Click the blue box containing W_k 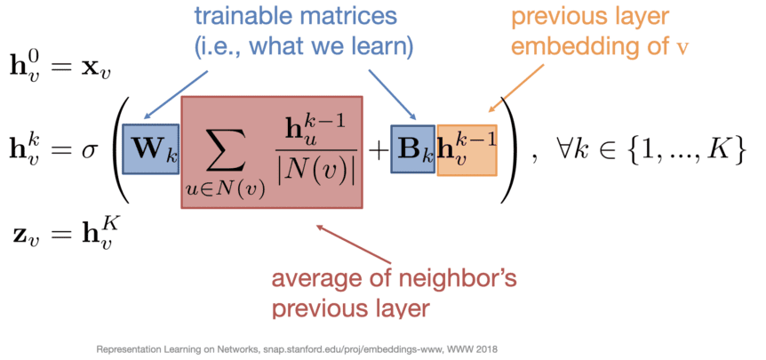[x=150, y=149]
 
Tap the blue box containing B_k [x=413, y=149]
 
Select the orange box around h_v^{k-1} [x=467, y=149]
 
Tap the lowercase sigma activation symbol [x=90, y=150]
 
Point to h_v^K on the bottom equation [x=97, y=233]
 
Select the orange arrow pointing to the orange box [x=517, y=87]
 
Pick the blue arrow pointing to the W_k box [x=176, y=95]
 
